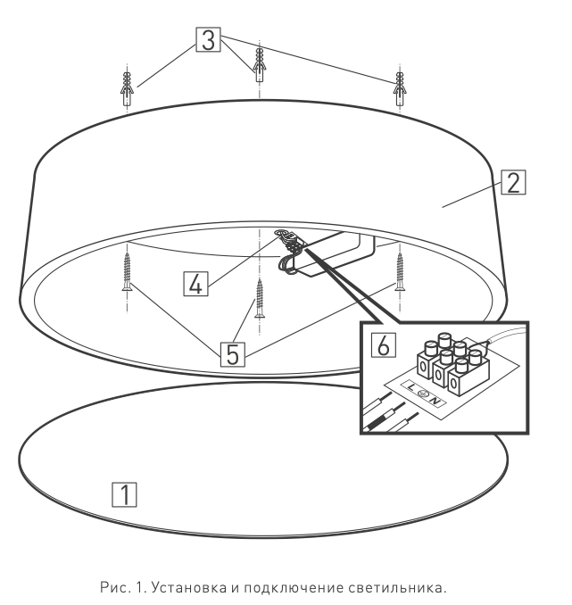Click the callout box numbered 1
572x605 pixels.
[124, 494]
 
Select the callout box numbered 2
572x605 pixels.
[513, 182]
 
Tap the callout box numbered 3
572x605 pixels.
[209, 39]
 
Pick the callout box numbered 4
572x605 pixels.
[195, 284]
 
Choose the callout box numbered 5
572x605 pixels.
[232, 354]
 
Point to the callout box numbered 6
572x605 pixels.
[383, 344]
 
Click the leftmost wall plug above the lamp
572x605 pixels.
[127, 88]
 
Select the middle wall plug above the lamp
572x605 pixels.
[260, 64]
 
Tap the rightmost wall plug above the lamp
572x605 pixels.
[400, 88]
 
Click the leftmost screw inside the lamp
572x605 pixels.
[127, 271]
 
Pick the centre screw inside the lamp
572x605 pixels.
[260, 298]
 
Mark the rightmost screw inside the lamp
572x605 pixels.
[400, 271]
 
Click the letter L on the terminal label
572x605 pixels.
[410, 387]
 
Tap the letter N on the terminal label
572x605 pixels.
[435, 402]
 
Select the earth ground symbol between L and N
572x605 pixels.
[423, 394]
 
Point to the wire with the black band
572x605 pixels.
[384, 417]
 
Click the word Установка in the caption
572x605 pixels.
[189, 588]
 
